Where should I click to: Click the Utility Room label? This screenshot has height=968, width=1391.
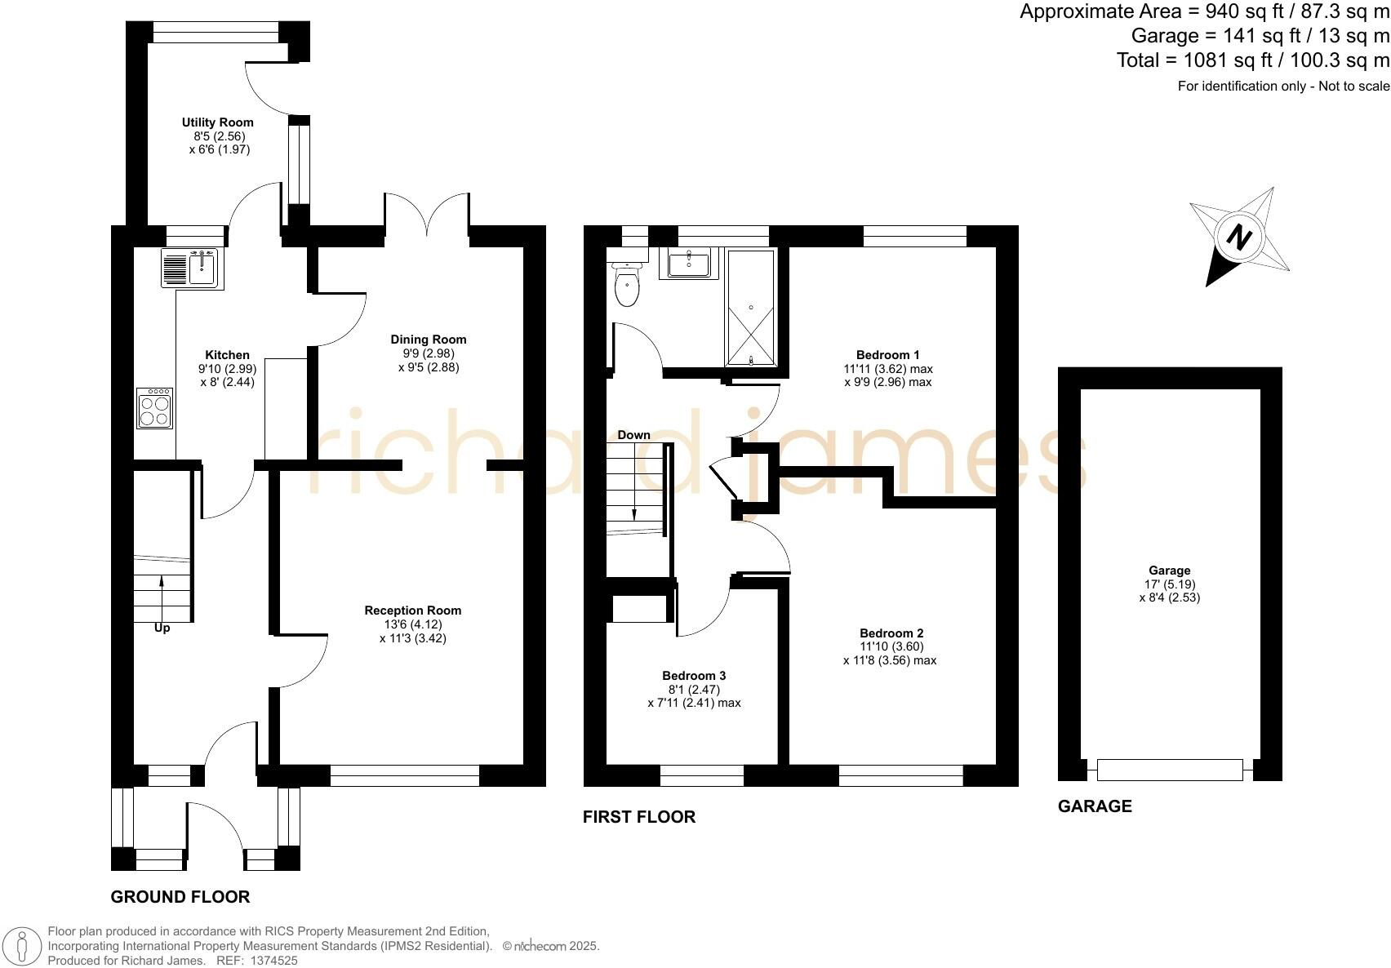tap(217, 122)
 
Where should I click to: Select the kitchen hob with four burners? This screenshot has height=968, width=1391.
tap(155, 409)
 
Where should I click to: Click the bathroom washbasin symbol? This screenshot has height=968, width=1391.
tap(688, 264)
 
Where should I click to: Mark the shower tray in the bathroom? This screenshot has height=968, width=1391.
tap(751, 309)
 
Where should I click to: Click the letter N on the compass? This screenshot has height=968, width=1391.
tap(1240, 238)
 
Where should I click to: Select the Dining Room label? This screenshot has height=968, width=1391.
tap(428, 340)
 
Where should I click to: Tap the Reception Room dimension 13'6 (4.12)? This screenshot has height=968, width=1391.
tap(412, 624)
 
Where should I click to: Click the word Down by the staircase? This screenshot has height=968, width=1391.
tap(633, 435)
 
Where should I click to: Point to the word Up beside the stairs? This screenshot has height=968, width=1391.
tap(162, 628)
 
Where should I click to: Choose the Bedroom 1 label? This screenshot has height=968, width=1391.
tap(887, 355)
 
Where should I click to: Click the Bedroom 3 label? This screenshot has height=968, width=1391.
tap(694, 676)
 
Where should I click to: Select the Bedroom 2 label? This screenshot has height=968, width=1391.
tap(891, 633)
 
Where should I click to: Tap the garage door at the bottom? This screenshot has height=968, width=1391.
tap(1169, 769)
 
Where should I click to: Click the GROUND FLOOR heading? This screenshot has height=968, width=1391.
tap(180, 897)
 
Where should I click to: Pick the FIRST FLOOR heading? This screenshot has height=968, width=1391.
tap(638, 817)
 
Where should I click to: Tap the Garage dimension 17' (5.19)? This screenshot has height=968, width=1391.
tap(1169, 584)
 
